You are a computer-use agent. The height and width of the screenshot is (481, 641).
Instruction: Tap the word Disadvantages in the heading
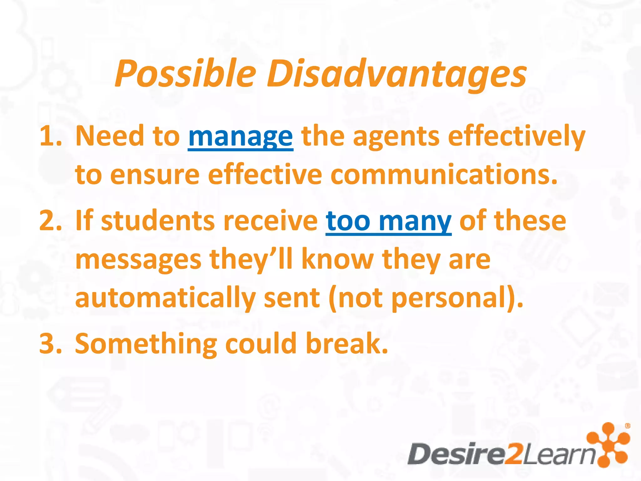[x=396, y=74]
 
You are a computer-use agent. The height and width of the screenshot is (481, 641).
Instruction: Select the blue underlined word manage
[x=240, y=137]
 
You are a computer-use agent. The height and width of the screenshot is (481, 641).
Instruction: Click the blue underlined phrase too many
[x=388, y=221]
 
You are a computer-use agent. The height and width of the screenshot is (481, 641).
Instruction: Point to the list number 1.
[x=50, y=137]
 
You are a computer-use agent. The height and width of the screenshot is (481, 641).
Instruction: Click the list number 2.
[x=50, y=221]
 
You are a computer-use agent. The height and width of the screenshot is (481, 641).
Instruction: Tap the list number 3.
[x=50, y=344]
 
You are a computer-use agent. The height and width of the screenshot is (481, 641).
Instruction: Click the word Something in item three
[x=146, y=344]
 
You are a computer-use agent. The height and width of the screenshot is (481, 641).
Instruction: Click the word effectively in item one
[x=516, y=137]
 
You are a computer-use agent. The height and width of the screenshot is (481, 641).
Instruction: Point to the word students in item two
[x=158, y=221]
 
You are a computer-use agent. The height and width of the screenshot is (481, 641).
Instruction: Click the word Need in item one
[x=110, y=137]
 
